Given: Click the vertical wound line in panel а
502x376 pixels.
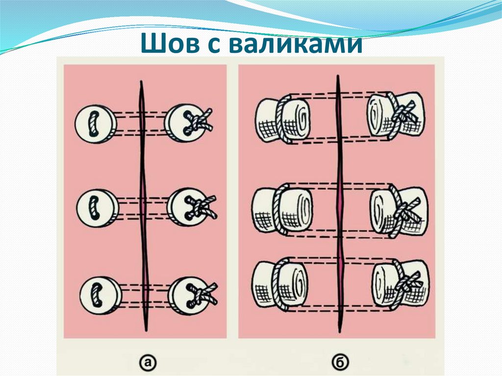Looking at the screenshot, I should point(142,206).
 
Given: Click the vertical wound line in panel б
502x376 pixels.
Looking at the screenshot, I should point(338,206).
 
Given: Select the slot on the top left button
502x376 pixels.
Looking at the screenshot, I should point(92,123).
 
